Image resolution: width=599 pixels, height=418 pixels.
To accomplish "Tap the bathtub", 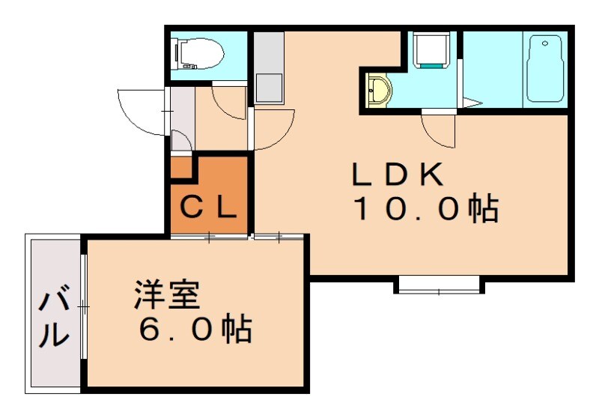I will point(545,69).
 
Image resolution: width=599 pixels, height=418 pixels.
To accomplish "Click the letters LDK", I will point(399,176).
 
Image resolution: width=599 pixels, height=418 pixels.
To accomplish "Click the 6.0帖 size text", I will point(193,330).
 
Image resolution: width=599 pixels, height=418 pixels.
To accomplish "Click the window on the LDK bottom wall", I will point(437,284).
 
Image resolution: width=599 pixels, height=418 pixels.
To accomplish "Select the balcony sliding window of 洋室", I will point(85,307).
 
